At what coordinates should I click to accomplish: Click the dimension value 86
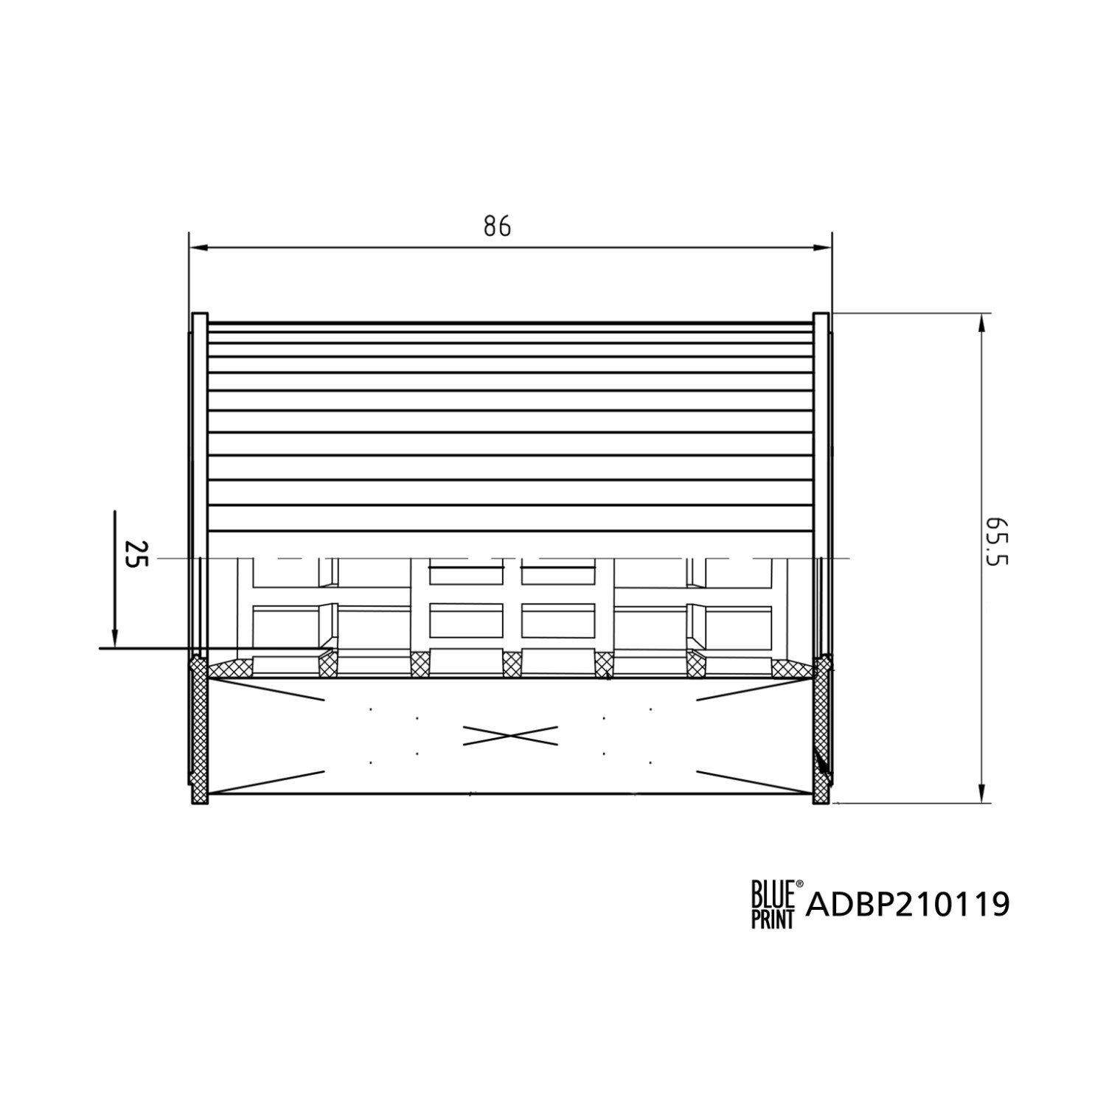coord(497,226)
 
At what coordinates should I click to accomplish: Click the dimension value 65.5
coord(996,540)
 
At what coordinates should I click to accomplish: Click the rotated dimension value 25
coord(137,554)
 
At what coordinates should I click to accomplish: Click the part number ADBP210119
coord(908,904)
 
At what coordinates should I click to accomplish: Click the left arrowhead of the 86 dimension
coord(198,248)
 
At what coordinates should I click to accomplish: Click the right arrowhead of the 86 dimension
coord(822,248)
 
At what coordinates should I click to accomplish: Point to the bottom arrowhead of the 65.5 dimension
coord(981,793)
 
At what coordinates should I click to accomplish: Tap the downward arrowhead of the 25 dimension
coord(115,638)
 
